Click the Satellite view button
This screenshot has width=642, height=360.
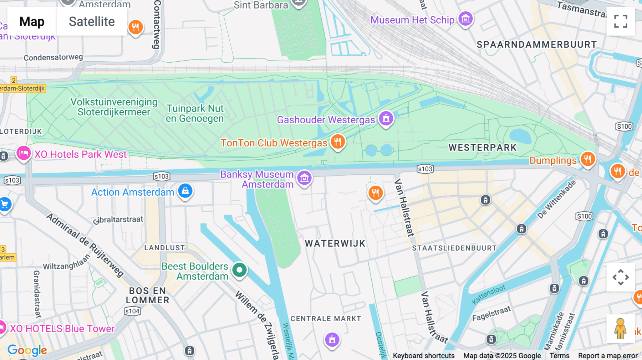(92, 22)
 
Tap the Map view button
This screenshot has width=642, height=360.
(32, 22)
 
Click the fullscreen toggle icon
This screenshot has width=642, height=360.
(621, 21)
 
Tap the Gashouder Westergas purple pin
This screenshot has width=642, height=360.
(386, 119)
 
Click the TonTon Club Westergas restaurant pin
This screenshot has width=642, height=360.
(337, 142)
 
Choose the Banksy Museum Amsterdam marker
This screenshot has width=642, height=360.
(304, 178)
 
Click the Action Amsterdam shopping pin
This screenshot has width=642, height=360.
(185, 191)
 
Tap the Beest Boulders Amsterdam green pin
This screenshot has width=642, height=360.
(239, 270)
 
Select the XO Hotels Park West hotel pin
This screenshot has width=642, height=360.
(24, 154)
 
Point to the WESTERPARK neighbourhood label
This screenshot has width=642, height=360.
(482, 148)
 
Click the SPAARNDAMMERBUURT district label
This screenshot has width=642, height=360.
(536, 45)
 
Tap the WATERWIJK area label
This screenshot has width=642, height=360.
(335, 243)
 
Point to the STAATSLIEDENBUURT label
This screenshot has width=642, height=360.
(454, 248)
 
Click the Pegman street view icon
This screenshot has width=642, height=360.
(620, 329)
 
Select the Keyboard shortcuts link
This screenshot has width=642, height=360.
(423, 356)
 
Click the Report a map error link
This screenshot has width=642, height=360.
(607, 356)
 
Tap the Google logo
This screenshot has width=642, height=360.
(27, 350)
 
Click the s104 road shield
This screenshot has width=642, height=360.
(132, 311)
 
